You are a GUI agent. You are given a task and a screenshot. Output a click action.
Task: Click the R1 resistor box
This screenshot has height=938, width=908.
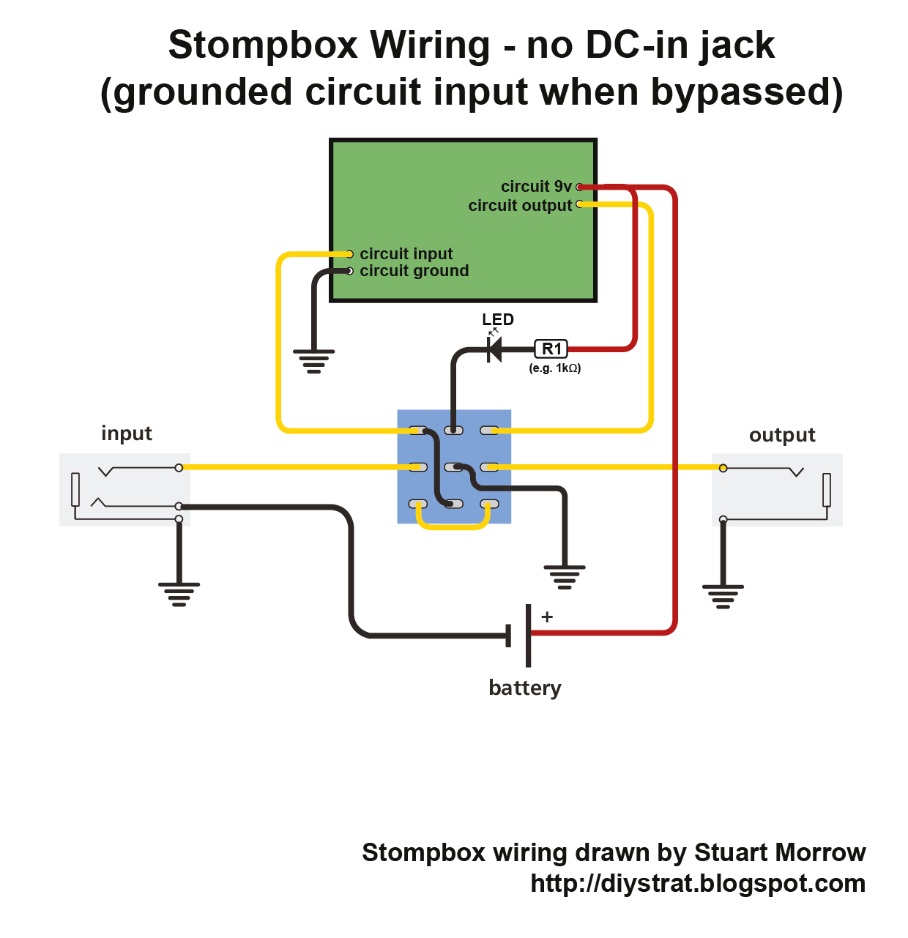[551, 349]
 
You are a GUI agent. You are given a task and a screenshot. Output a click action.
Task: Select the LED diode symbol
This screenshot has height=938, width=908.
[495, 349]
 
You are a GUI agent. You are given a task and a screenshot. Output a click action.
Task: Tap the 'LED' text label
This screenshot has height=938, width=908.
[498, 319]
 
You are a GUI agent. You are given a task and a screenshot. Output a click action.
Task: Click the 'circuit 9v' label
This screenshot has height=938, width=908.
[536, 187]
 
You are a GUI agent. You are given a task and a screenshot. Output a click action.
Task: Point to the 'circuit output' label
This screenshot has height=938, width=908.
[520, 206]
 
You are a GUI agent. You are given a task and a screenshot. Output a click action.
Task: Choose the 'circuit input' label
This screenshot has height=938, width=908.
[406, 254]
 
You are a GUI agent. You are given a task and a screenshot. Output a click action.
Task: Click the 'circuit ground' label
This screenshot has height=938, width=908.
[414, 271]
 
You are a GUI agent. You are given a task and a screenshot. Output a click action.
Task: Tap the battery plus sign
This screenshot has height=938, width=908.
[547, 617]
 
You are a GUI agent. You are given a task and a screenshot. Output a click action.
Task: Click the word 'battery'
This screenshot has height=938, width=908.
[525, 688]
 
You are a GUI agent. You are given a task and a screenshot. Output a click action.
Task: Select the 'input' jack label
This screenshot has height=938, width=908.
[127, 433]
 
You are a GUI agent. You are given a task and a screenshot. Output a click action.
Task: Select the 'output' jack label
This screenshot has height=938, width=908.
[782, 435]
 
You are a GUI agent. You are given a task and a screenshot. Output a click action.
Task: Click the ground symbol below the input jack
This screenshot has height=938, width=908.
[179, 594]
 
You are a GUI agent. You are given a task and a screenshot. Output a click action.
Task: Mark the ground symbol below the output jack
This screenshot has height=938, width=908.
[723, 596]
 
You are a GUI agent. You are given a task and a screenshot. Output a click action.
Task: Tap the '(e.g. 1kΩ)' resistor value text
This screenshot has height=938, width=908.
[555, 368]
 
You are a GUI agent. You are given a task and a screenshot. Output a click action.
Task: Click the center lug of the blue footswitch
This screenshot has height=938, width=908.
[454, 467]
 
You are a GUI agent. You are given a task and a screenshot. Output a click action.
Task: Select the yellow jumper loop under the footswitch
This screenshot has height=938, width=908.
[453, 525]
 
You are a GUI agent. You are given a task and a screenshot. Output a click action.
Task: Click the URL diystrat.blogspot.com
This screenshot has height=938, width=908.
[698, 884]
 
